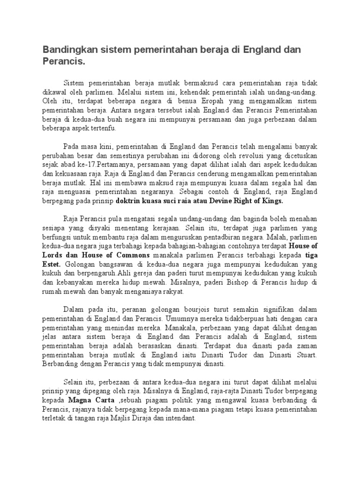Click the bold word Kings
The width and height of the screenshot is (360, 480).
(x=271, y=201)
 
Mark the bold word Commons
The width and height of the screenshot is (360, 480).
(x=133, y=255)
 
